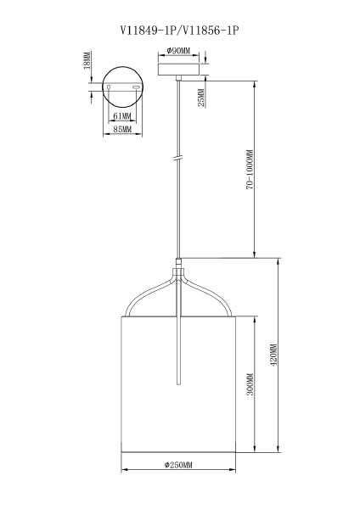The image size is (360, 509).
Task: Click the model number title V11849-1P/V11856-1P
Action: click(179, 31)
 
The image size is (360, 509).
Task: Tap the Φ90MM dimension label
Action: click(178, 51)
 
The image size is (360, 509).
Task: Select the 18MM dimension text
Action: click(87, 60)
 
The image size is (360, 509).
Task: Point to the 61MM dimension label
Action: click(122, 116)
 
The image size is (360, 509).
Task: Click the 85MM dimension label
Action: click(122, 129)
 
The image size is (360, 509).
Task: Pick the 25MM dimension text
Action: click(202, 98)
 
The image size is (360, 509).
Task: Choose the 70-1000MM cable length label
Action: click(250, 170)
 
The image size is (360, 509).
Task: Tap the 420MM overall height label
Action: click(273, 355)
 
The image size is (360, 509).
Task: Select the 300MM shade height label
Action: click(250, 384)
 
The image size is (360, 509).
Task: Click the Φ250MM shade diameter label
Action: click(178, 465)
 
